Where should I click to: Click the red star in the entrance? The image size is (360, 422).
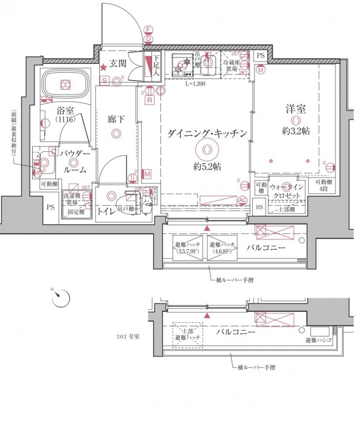(105, 67)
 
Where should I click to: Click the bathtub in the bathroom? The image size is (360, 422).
(65, 84)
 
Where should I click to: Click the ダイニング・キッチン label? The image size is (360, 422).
(207, 134)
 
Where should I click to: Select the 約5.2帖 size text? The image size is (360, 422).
(207, 167)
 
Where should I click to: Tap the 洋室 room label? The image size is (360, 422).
(295, 111)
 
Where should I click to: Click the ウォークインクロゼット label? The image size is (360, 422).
(286, 191)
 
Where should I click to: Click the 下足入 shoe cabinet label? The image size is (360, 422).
(156, 67)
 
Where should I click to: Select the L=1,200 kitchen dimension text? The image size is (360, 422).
(195, 83)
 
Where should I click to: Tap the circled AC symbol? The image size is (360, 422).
(243, 200)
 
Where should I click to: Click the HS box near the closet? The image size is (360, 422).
(259, 207)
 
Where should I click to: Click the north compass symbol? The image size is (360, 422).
(61, 298)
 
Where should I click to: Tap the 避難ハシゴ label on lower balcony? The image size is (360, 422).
(318, 341)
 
